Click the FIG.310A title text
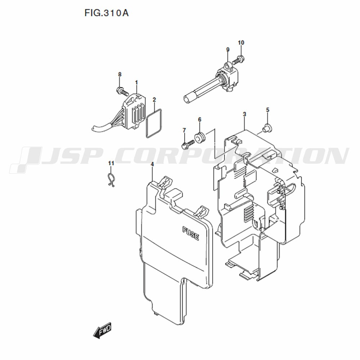click(107, 13)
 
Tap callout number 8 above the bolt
click(120, 75)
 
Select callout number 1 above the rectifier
click(136, 82)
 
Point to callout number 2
click(154, 100)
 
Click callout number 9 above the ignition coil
click(228, 49)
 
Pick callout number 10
click(241, 42)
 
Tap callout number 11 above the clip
click(111, 163)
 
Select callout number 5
click(267, 110)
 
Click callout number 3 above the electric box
click(244, 114)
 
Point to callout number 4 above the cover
click(152, 165)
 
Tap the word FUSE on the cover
click(190, 234)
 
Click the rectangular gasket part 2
click(146, 124)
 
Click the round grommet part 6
click(200, 137)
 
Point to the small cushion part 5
click(267, 128)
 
